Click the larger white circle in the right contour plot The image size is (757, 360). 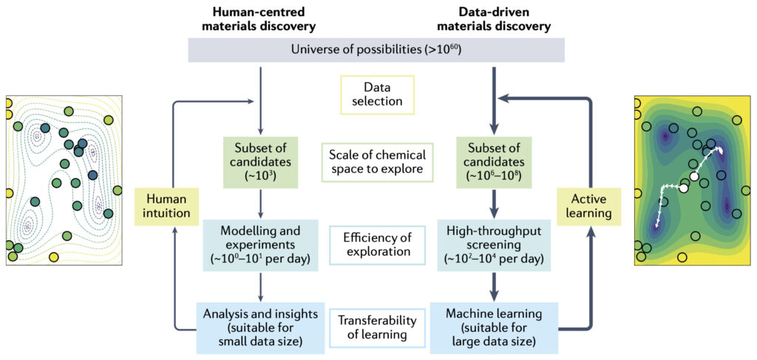pyautogui.click(x=684, y=189)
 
